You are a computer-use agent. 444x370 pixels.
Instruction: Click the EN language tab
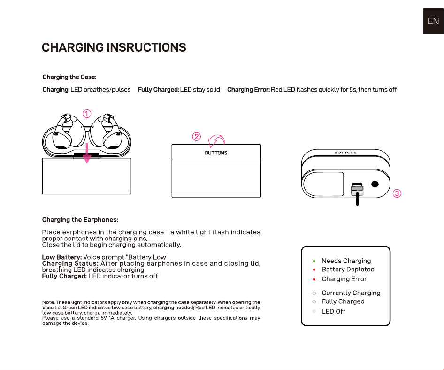click(x=433, y=21)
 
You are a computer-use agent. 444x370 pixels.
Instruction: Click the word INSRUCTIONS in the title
click(x=146, y=47)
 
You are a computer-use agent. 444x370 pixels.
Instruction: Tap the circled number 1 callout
click(x=87, y=114)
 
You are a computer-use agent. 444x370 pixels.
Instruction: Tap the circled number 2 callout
click(x=197, y=137)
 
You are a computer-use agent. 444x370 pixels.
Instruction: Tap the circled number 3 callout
click(x=397, y=193)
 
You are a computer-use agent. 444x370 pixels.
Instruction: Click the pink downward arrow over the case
click(x=87, y=153)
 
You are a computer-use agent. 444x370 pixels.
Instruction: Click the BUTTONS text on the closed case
click(x=216, y=153)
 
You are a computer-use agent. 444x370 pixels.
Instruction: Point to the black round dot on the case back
click(x=375, y=184)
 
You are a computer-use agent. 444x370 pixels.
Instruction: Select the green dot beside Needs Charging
click(x=314, y=261)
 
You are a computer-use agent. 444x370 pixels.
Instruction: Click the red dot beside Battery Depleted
click(x=314, y=270)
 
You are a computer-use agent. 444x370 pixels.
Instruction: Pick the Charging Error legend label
click(x=344, y=279)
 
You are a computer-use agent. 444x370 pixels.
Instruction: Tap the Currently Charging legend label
click(x=351, y=293)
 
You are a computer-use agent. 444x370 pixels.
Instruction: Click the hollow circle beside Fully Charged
click(x=314, y=302)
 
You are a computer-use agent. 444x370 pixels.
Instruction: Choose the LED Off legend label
click(x=333, y=311)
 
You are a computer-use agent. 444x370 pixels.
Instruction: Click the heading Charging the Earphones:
click(x=80, y=220)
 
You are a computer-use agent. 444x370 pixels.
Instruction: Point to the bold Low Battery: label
click(x=62, y=257)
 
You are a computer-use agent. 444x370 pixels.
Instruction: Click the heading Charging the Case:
click(x=69, y=77)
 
